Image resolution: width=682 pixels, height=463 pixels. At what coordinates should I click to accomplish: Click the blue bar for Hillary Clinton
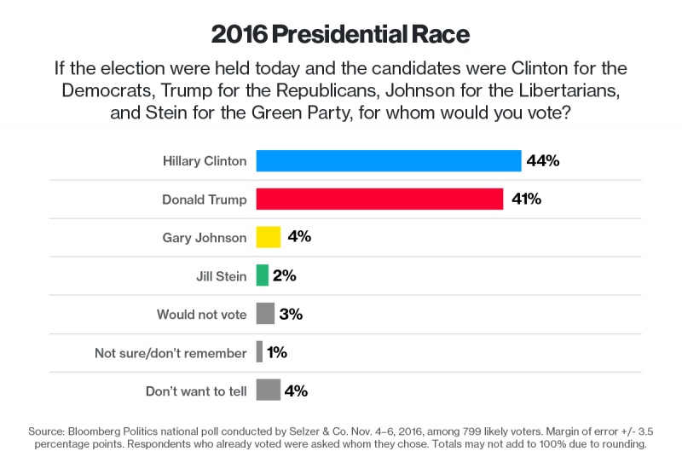pyautogui.click(x=388, y=160)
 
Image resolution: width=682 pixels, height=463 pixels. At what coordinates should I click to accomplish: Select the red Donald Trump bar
pyautogui.click(x=379, y=199)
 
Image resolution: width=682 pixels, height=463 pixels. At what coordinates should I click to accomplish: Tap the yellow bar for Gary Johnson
pyautogui.click(x=269, y=237)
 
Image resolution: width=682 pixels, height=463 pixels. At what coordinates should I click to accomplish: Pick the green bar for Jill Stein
pyautogui.click(x=263, y=275)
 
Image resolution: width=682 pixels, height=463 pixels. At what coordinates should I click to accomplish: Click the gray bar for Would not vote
pyautogui.click(x=265, y=314)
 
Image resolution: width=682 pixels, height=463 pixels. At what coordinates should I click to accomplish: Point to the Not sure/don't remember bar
pyautogui.click(x=260, y=352)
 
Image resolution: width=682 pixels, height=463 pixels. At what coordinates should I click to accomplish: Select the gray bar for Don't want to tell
pyautogui.click(x=269, y=391)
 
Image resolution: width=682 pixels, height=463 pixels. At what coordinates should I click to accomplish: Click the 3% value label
pyautogui.click(x=291, y=314)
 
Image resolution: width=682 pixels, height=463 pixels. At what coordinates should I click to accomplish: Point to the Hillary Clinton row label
pyautogui.click(x=205, y=161)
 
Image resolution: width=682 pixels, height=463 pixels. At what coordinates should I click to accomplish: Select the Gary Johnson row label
pyautogui.click(x=205, y=238)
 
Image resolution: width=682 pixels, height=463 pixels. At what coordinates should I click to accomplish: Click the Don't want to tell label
pyautogui.click(x=196, y=391)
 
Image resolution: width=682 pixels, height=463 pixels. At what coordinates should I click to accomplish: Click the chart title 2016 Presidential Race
pyautogui.click(x=340, y=35)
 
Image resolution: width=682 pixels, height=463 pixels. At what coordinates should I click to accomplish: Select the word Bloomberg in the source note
pyautogui.click(x=96, y=431)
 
